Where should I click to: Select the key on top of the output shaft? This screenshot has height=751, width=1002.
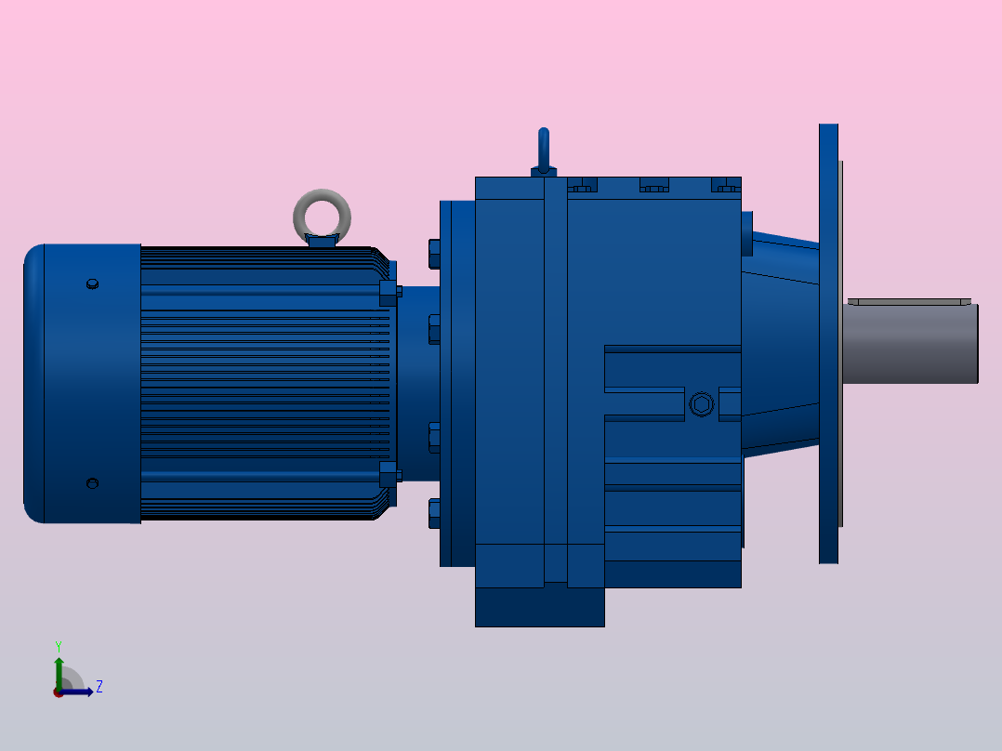click(x=909, y=301)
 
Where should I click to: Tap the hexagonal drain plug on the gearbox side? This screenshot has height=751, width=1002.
click(x=702, y=404)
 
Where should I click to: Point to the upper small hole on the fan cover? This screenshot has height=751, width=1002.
click(x=91, y=284)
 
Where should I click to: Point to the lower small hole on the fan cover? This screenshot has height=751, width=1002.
click(x=91, y=482)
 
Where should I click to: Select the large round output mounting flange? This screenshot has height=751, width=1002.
click(x=828, y=343)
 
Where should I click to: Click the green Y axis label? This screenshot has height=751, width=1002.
click(x=58, y=645)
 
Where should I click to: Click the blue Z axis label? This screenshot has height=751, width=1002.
click(x=99, y=687)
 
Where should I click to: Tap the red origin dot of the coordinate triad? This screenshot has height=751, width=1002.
click(x=59, y=692)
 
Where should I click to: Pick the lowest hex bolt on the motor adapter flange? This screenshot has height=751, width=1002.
click(x=434, y=513)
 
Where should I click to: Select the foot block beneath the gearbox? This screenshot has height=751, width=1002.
click(x=539, y=606)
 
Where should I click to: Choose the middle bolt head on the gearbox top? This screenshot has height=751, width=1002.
click(x=653, y=185)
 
